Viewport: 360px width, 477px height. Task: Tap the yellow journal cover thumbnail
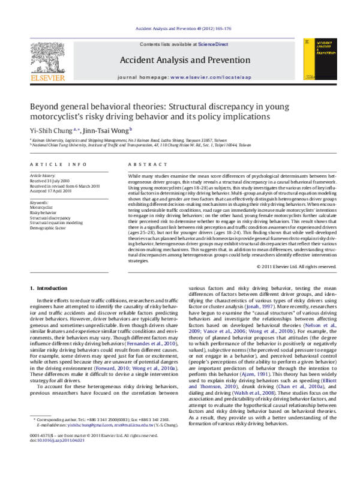(x=316, y=58)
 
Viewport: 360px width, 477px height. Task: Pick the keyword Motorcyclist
(x=41, y=208)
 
